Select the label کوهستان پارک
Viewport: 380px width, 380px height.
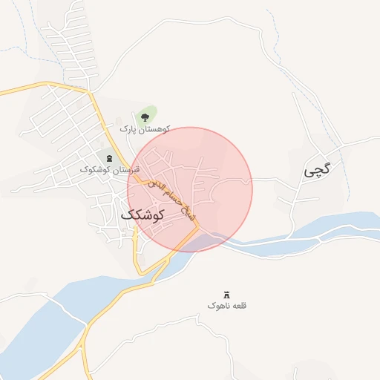point(145,128)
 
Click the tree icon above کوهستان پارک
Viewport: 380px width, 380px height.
point(144,117)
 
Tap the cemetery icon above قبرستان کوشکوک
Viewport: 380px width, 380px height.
point(111,158)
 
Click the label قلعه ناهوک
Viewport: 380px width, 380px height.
point(227,305)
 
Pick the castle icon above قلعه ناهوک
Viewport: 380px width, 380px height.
point(226,294)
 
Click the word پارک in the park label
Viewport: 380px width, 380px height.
point(131,128)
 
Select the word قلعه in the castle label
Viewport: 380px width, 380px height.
point(239,305)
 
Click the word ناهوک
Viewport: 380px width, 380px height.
point(219,305)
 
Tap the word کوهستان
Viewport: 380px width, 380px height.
point(156,128)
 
